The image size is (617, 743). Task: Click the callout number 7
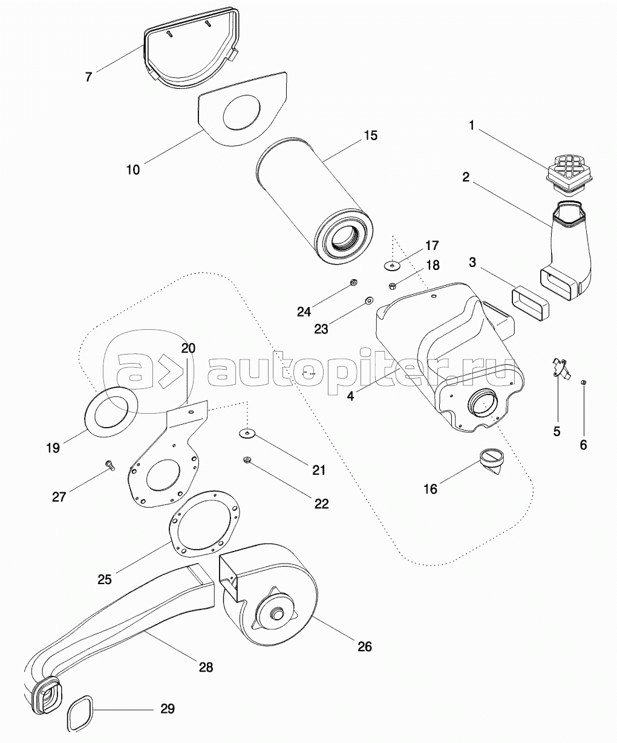89,77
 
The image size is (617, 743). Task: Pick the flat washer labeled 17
393,265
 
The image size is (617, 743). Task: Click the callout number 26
364,646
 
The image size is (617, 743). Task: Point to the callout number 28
206,667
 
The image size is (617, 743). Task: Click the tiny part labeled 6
584,382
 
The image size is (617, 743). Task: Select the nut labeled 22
247,460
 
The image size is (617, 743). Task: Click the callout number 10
132,170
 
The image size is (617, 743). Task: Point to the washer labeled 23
368,301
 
